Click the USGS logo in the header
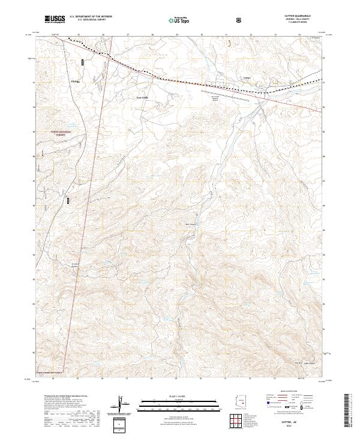tap(55, 19)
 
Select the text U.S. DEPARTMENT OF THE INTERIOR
tap(91, 17)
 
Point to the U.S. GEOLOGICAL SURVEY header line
tap(91, 20)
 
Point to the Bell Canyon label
tap(192, 225)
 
